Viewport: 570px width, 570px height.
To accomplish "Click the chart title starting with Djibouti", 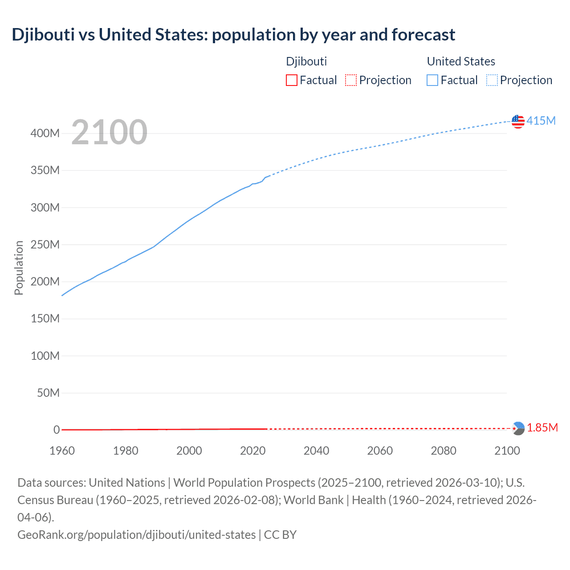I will tap(233, 35).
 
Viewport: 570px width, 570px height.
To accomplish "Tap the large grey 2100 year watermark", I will tap(109, 132).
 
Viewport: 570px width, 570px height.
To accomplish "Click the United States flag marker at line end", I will tap(518, 121).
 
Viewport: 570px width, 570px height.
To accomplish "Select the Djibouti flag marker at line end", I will tap(518, 428).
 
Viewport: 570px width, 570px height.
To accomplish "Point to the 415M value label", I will tap(541, 121).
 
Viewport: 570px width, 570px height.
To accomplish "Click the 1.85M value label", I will tap(542, 428).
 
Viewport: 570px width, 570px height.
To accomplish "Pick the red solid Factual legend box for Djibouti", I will tap(291, 80).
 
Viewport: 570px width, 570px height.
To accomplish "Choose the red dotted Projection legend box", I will tap(351, 80).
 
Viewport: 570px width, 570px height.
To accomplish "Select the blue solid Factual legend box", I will tap(432, 80).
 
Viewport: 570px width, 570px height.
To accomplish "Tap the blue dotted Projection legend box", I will tap(492, 80).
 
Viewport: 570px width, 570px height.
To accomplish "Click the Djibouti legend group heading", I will tap(306, 61).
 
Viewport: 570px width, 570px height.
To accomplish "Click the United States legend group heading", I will tap(461, 61).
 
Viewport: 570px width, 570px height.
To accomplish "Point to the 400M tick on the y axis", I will tap(45, 133).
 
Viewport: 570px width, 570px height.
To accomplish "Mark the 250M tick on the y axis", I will tap(45, 244).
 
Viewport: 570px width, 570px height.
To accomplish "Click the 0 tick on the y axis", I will tap(57, 430).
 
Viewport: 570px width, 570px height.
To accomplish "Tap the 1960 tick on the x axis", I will tap(62, 451).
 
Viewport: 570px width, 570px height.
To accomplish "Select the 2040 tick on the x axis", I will tap(316, 451).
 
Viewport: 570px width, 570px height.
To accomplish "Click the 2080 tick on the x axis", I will tap(444, 451).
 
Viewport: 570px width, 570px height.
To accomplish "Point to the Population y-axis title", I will tap(19, 268).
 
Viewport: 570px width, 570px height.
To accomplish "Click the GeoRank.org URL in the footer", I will tap(137, 534).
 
